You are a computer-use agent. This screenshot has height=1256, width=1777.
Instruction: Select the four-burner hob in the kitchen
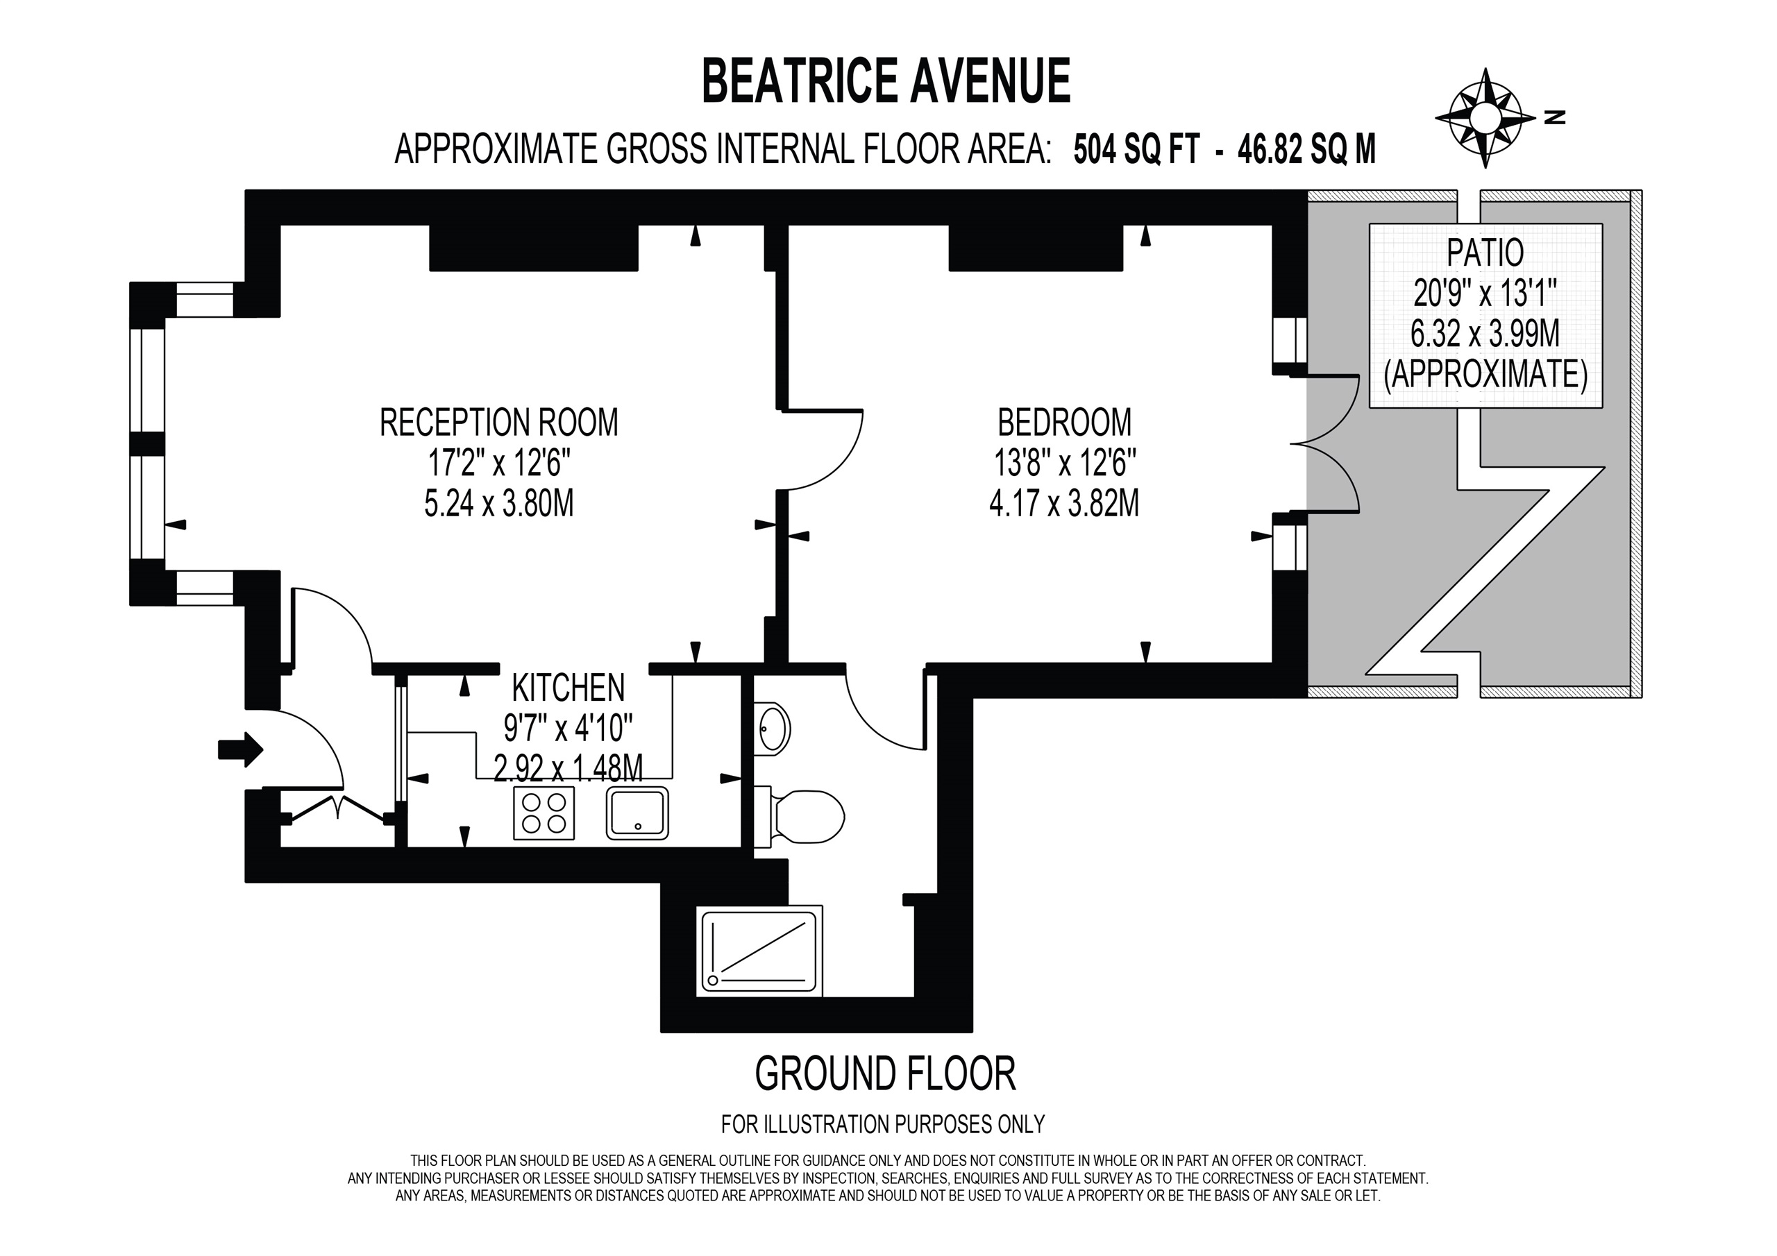(x=544, y=813)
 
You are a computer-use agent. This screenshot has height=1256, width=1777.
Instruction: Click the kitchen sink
(x=638, y=813)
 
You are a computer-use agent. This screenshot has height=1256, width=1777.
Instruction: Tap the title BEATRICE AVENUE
(x=886, y=81)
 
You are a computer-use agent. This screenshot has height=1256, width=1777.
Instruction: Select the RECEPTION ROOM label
(x=499, y=423)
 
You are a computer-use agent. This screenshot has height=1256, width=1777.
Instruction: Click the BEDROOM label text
(x=1064, y=423)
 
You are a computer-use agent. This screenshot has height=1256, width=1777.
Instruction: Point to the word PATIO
(x=1485, y=253)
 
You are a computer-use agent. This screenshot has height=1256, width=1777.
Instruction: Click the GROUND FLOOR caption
(x=884, y=1074)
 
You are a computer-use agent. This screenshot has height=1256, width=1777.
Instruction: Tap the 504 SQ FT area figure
(x=1136, y=149)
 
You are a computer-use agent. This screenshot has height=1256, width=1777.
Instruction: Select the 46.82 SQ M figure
(x=1306, y=149)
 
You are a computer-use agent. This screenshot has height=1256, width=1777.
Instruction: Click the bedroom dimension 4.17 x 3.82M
(x=1064, y=504)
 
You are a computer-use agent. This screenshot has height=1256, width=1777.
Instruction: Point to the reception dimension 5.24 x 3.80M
(x=499, y=504)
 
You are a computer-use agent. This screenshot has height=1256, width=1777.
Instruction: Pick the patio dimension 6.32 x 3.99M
(x=1485, y=334)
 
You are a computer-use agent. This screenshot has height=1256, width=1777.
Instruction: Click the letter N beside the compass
(x=1555, y=118)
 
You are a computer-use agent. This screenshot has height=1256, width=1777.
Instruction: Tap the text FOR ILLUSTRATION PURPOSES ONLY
(x=883, y=1123)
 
